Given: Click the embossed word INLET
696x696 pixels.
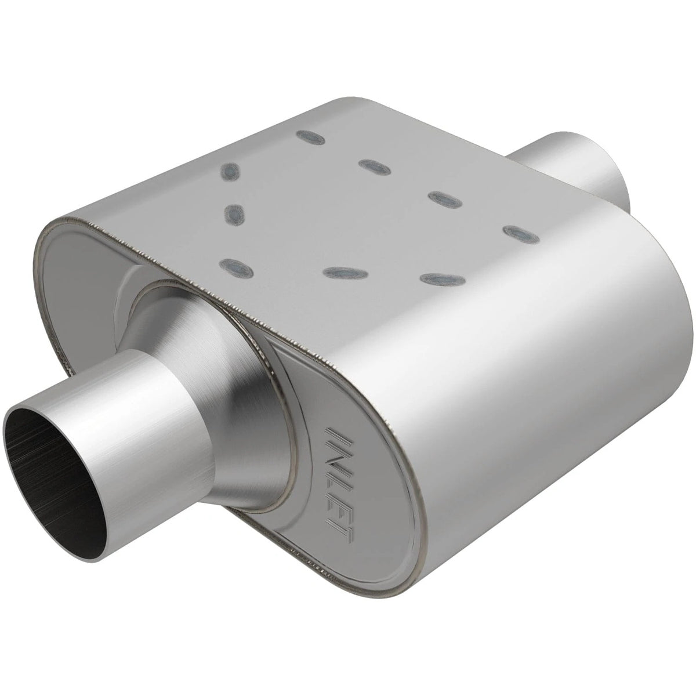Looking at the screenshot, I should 339,481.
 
